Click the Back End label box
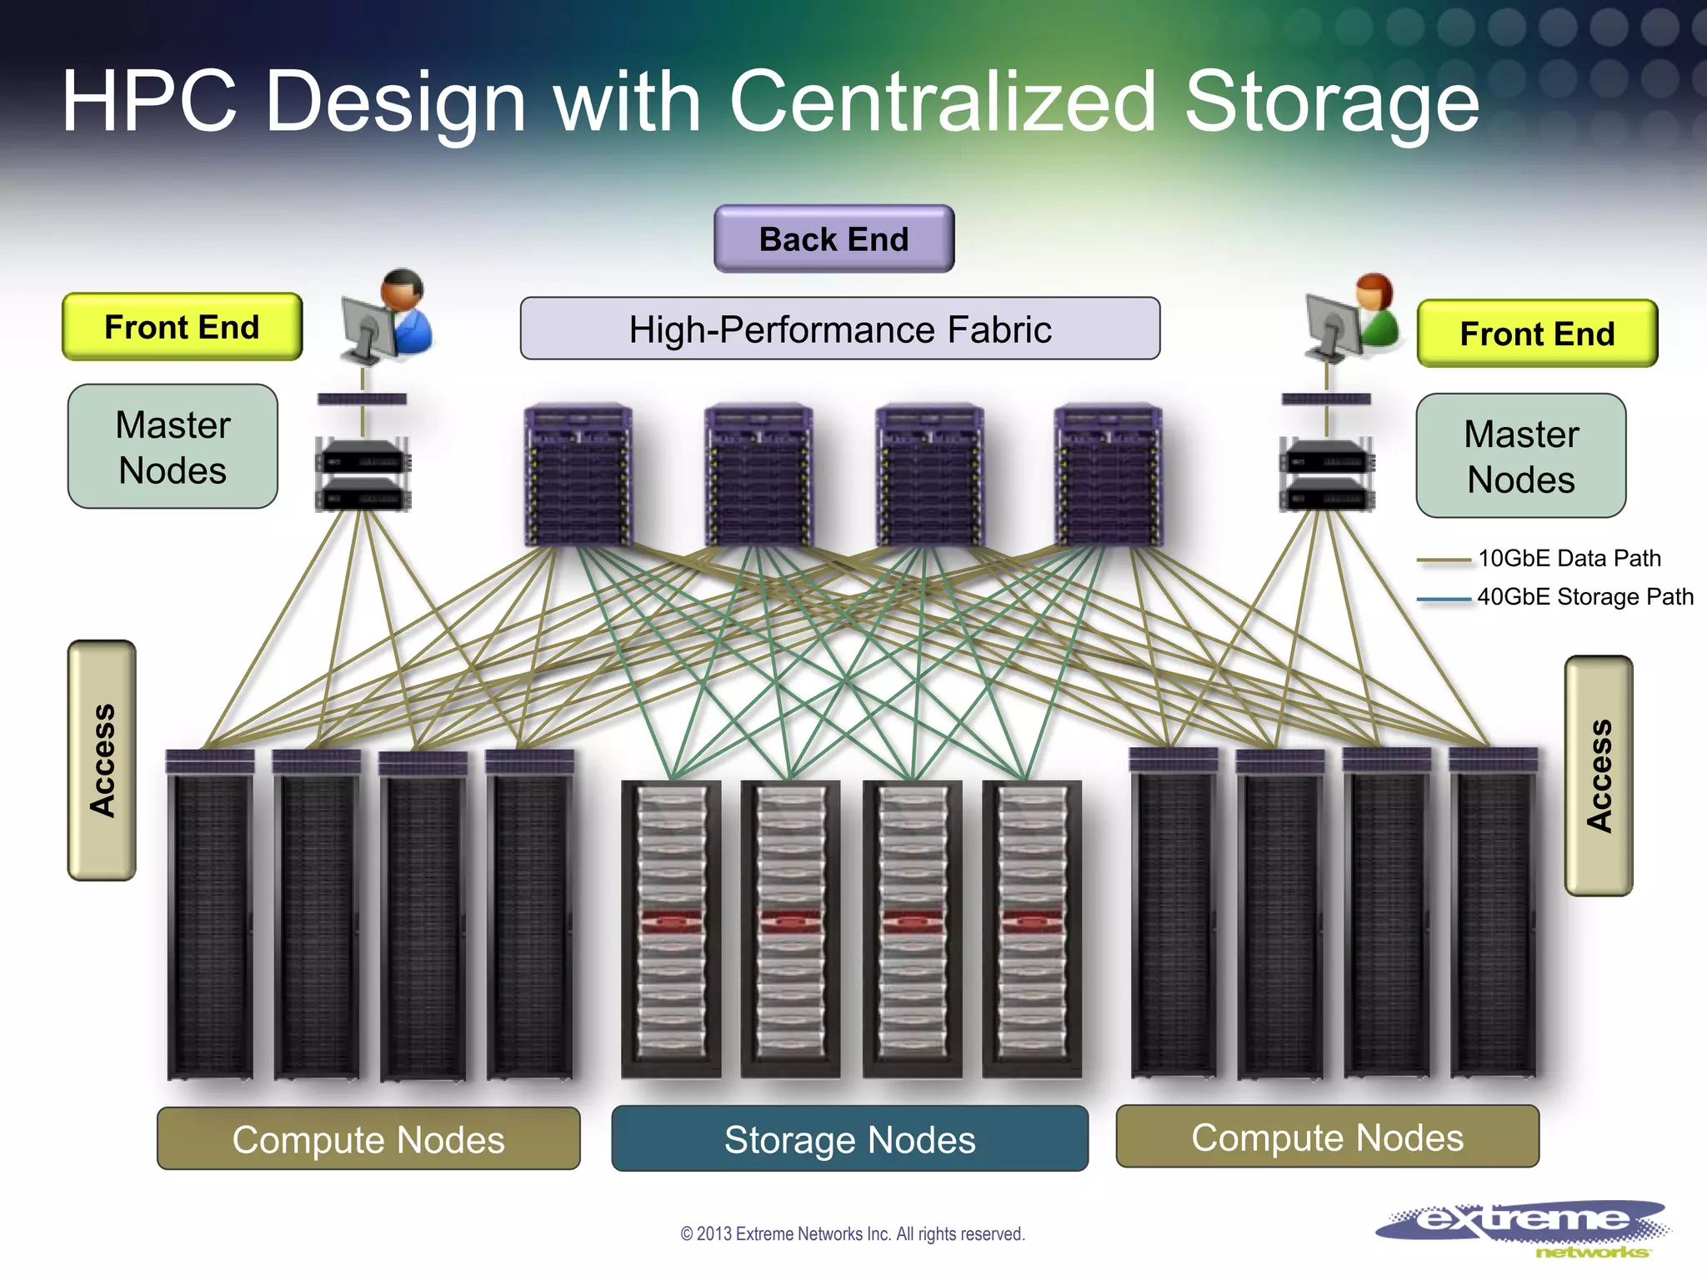click(x=833, y=239)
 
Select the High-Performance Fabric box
click(x=839, y=329)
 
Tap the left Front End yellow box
click(x=182, y=327)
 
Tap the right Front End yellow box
click(x=1537, y=334)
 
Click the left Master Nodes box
click(x=173, y=447)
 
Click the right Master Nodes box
click(x=1520, y=456)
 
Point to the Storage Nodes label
click(x=849, y=1139)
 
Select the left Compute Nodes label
click(x=368, y=1139)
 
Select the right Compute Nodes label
click(x=1327, y=1137)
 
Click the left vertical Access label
click(x=102, y=760)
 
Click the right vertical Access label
click(x=1598, y=776)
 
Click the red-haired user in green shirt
click(x=1374, y=313)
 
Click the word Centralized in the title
click(x=943, y=102)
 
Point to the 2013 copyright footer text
click(x=852, y=1233)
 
